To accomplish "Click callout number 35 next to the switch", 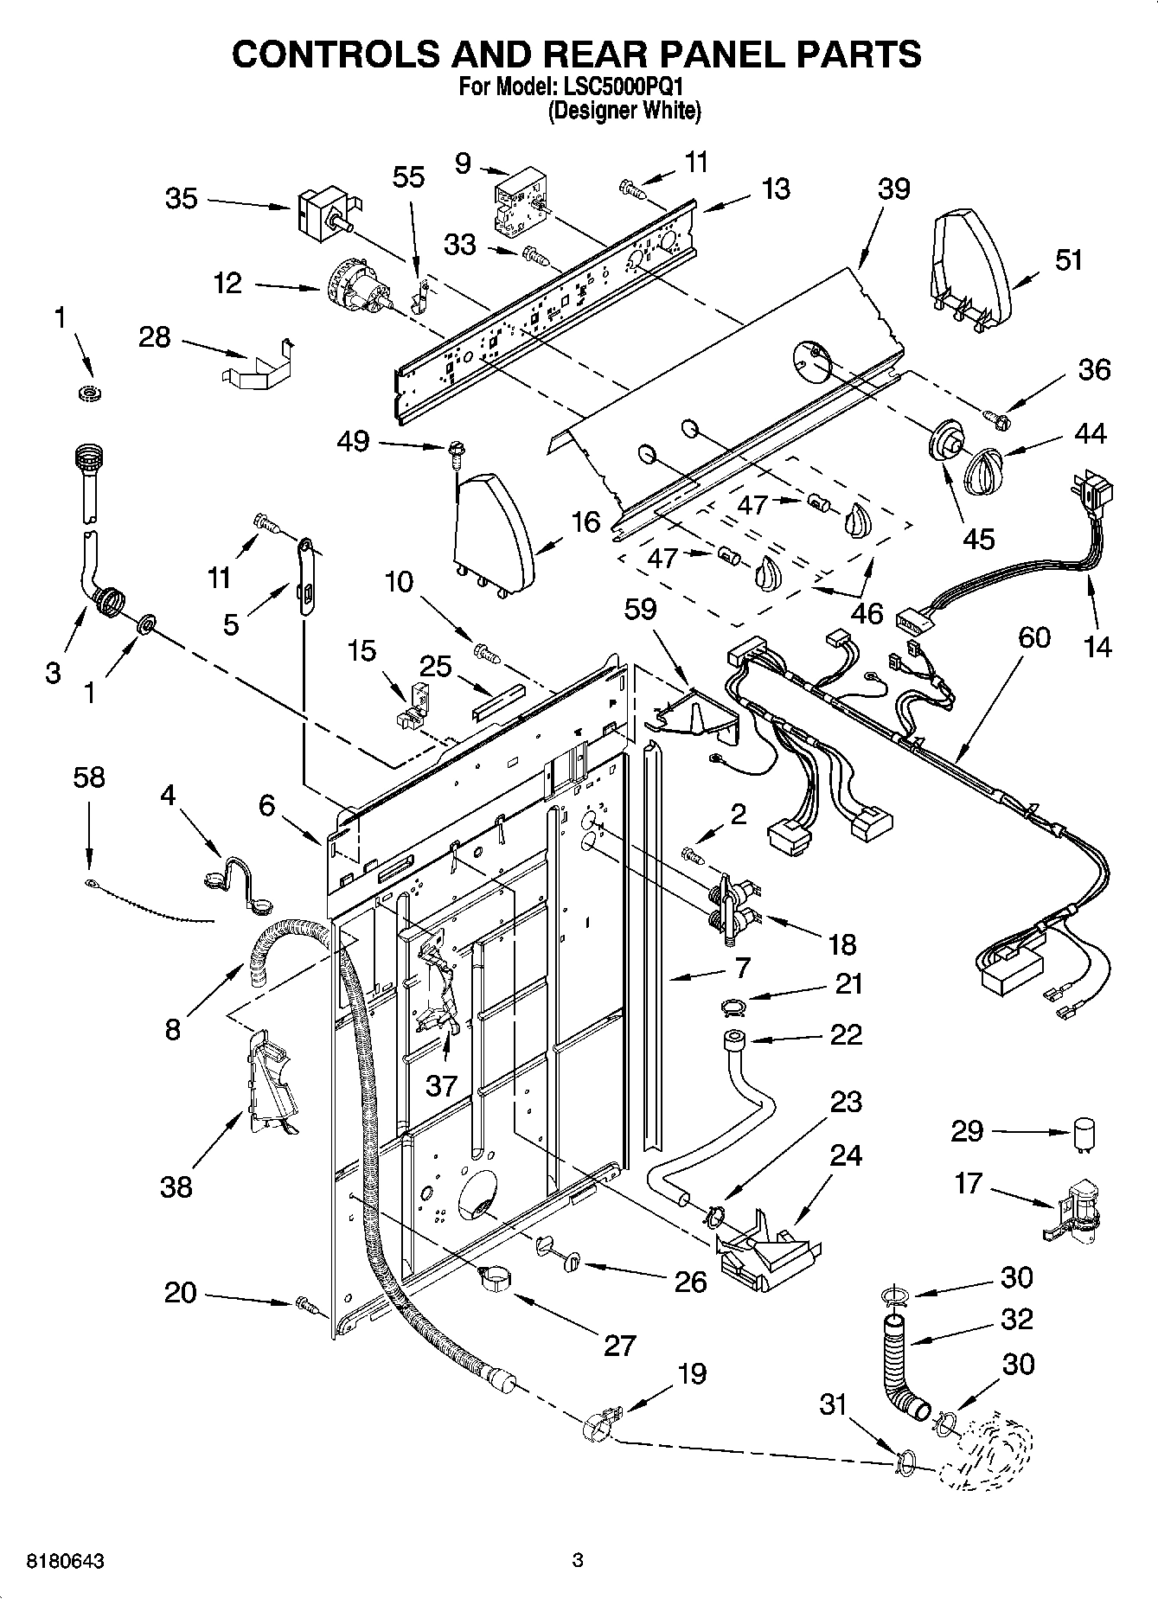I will (x=182, y=199).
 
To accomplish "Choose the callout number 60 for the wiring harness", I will (x=1033, y=637).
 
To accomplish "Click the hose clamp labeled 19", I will (x=601, y=1421).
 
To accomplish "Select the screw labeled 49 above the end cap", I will (x=453, y=449).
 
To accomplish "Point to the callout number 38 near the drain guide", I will (x=176, y=1187).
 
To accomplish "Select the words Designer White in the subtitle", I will (x=624, y=111).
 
